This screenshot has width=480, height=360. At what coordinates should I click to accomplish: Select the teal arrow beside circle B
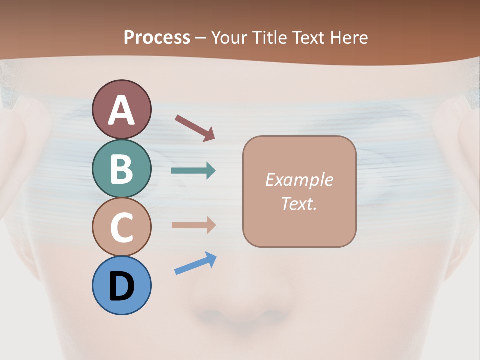coord(193,171)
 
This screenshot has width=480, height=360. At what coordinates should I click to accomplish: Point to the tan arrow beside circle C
coord(193,225)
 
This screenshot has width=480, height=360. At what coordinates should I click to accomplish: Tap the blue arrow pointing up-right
coord(195,263)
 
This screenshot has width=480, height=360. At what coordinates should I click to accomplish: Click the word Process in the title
coord(157,37)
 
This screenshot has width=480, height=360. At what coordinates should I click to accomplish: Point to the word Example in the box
coord(299,180)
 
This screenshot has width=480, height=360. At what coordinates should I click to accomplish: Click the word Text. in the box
coord(299,204)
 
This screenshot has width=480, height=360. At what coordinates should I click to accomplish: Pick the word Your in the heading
coord(230,37)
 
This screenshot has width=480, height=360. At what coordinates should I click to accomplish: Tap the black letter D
coord(122,287)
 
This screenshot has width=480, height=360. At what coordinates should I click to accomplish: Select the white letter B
coord(122,169)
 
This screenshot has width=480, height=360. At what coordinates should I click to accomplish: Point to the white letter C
coord(122,227)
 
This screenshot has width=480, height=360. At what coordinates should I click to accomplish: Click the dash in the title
coord(201,38)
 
